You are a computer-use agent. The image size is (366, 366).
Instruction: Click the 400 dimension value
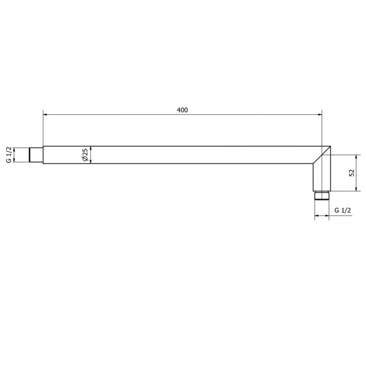coord(182,110)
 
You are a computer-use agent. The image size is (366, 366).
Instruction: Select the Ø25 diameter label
coord(85,155)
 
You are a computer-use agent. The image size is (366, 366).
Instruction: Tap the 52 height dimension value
coord(352,173)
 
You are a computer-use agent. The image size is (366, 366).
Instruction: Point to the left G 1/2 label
coord(9,155)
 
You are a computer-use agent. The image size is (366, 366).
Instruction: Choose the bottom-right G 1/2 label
coord(343,210)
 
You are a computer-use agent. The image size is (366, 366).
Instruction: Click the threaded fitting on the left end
coord(37,155)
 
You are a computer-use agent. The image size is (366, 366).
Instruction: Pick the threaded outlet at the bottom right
coord(322,196)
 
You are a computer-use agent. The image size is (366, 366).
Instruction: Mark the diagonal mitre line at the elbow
coord(322,155)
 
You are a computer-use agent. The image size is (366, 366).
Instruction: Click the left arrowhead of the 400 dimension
coord(45,115)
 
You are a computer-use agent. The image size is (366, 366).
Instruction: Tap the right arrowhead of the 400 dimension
coord(319,115)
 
